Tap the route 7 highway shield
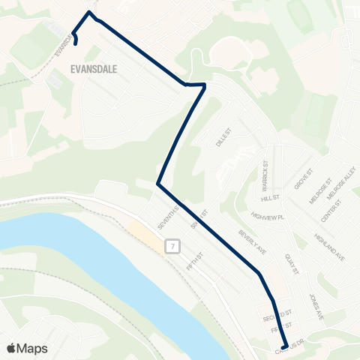point(173,245)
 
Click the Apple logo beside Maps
point(11,347)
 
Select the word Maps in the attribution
point(32,347)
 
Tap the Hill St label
point(270,199)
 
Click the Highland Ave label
point(330,246)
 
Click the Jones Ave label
point(316,307)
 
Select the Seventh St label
point(166,217)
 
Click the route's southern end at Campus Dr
point(284,346)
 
